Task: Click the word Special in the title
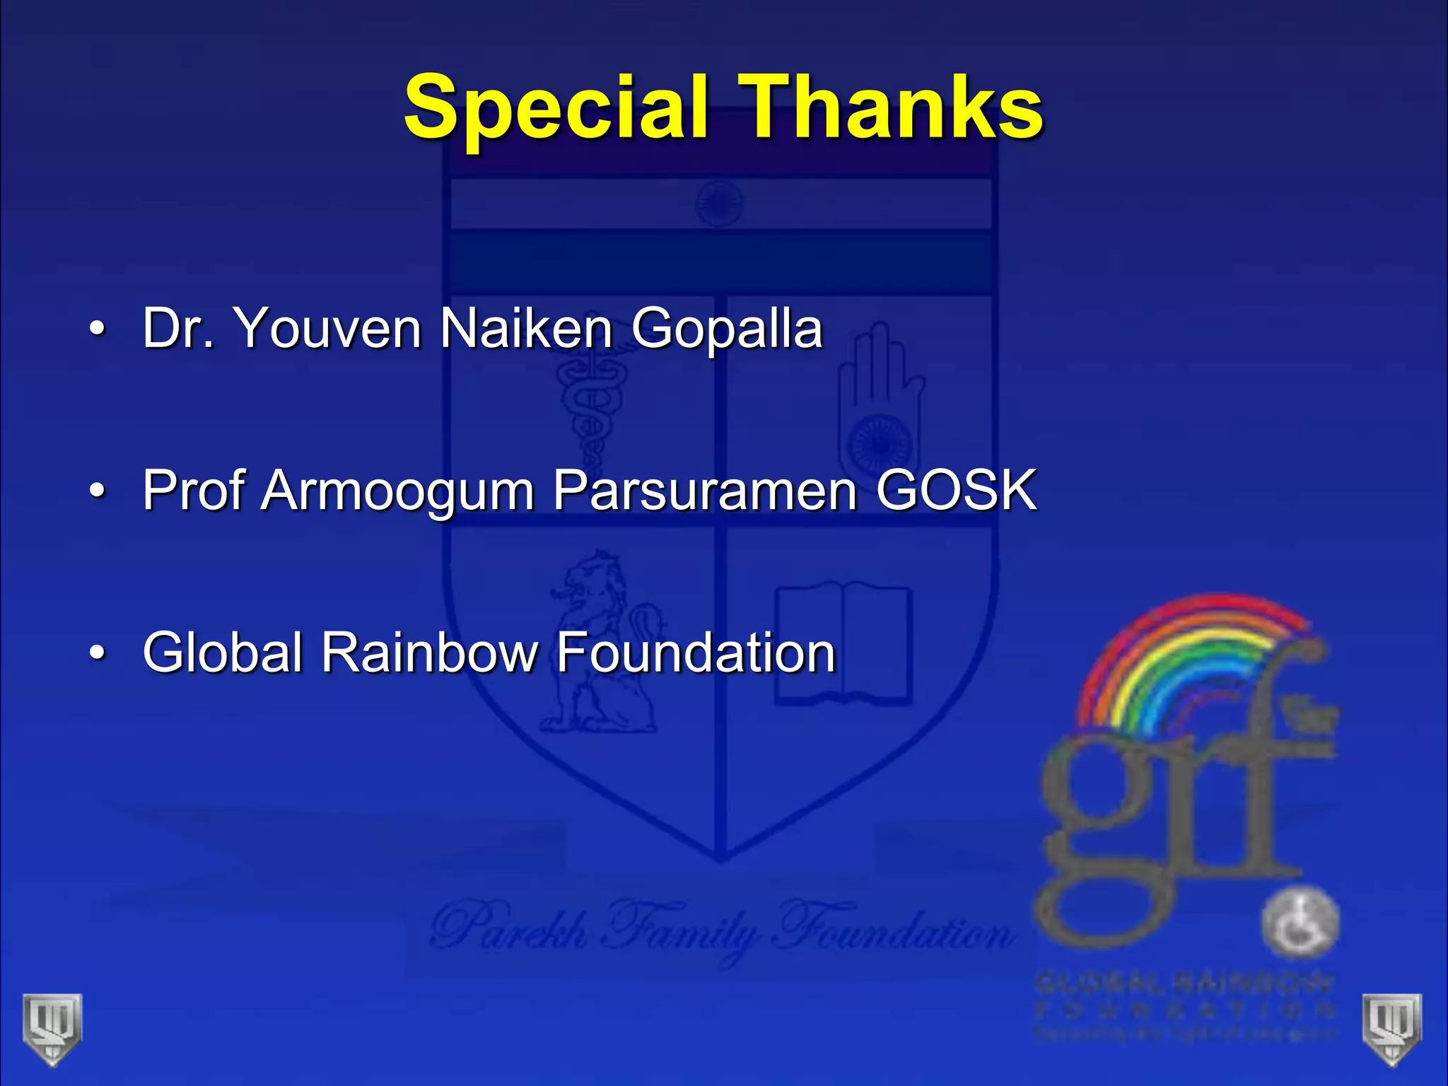[556, 107]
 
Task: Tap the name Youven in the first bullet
[328, 328]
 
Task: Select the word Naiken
[526, 328]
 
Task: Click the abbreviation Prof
[192, 489]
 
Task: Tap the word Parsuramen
[705, 489]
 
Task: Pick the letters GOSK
[956, 489]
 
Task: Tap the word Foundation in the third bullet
[696, 652]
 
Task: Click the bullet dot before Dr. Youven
[98, 329]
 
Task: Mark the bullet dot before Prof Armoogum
[98, 491]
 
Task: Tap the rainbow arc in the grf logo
[1195, 650]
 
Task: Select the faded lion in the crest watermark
[601, 643]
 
